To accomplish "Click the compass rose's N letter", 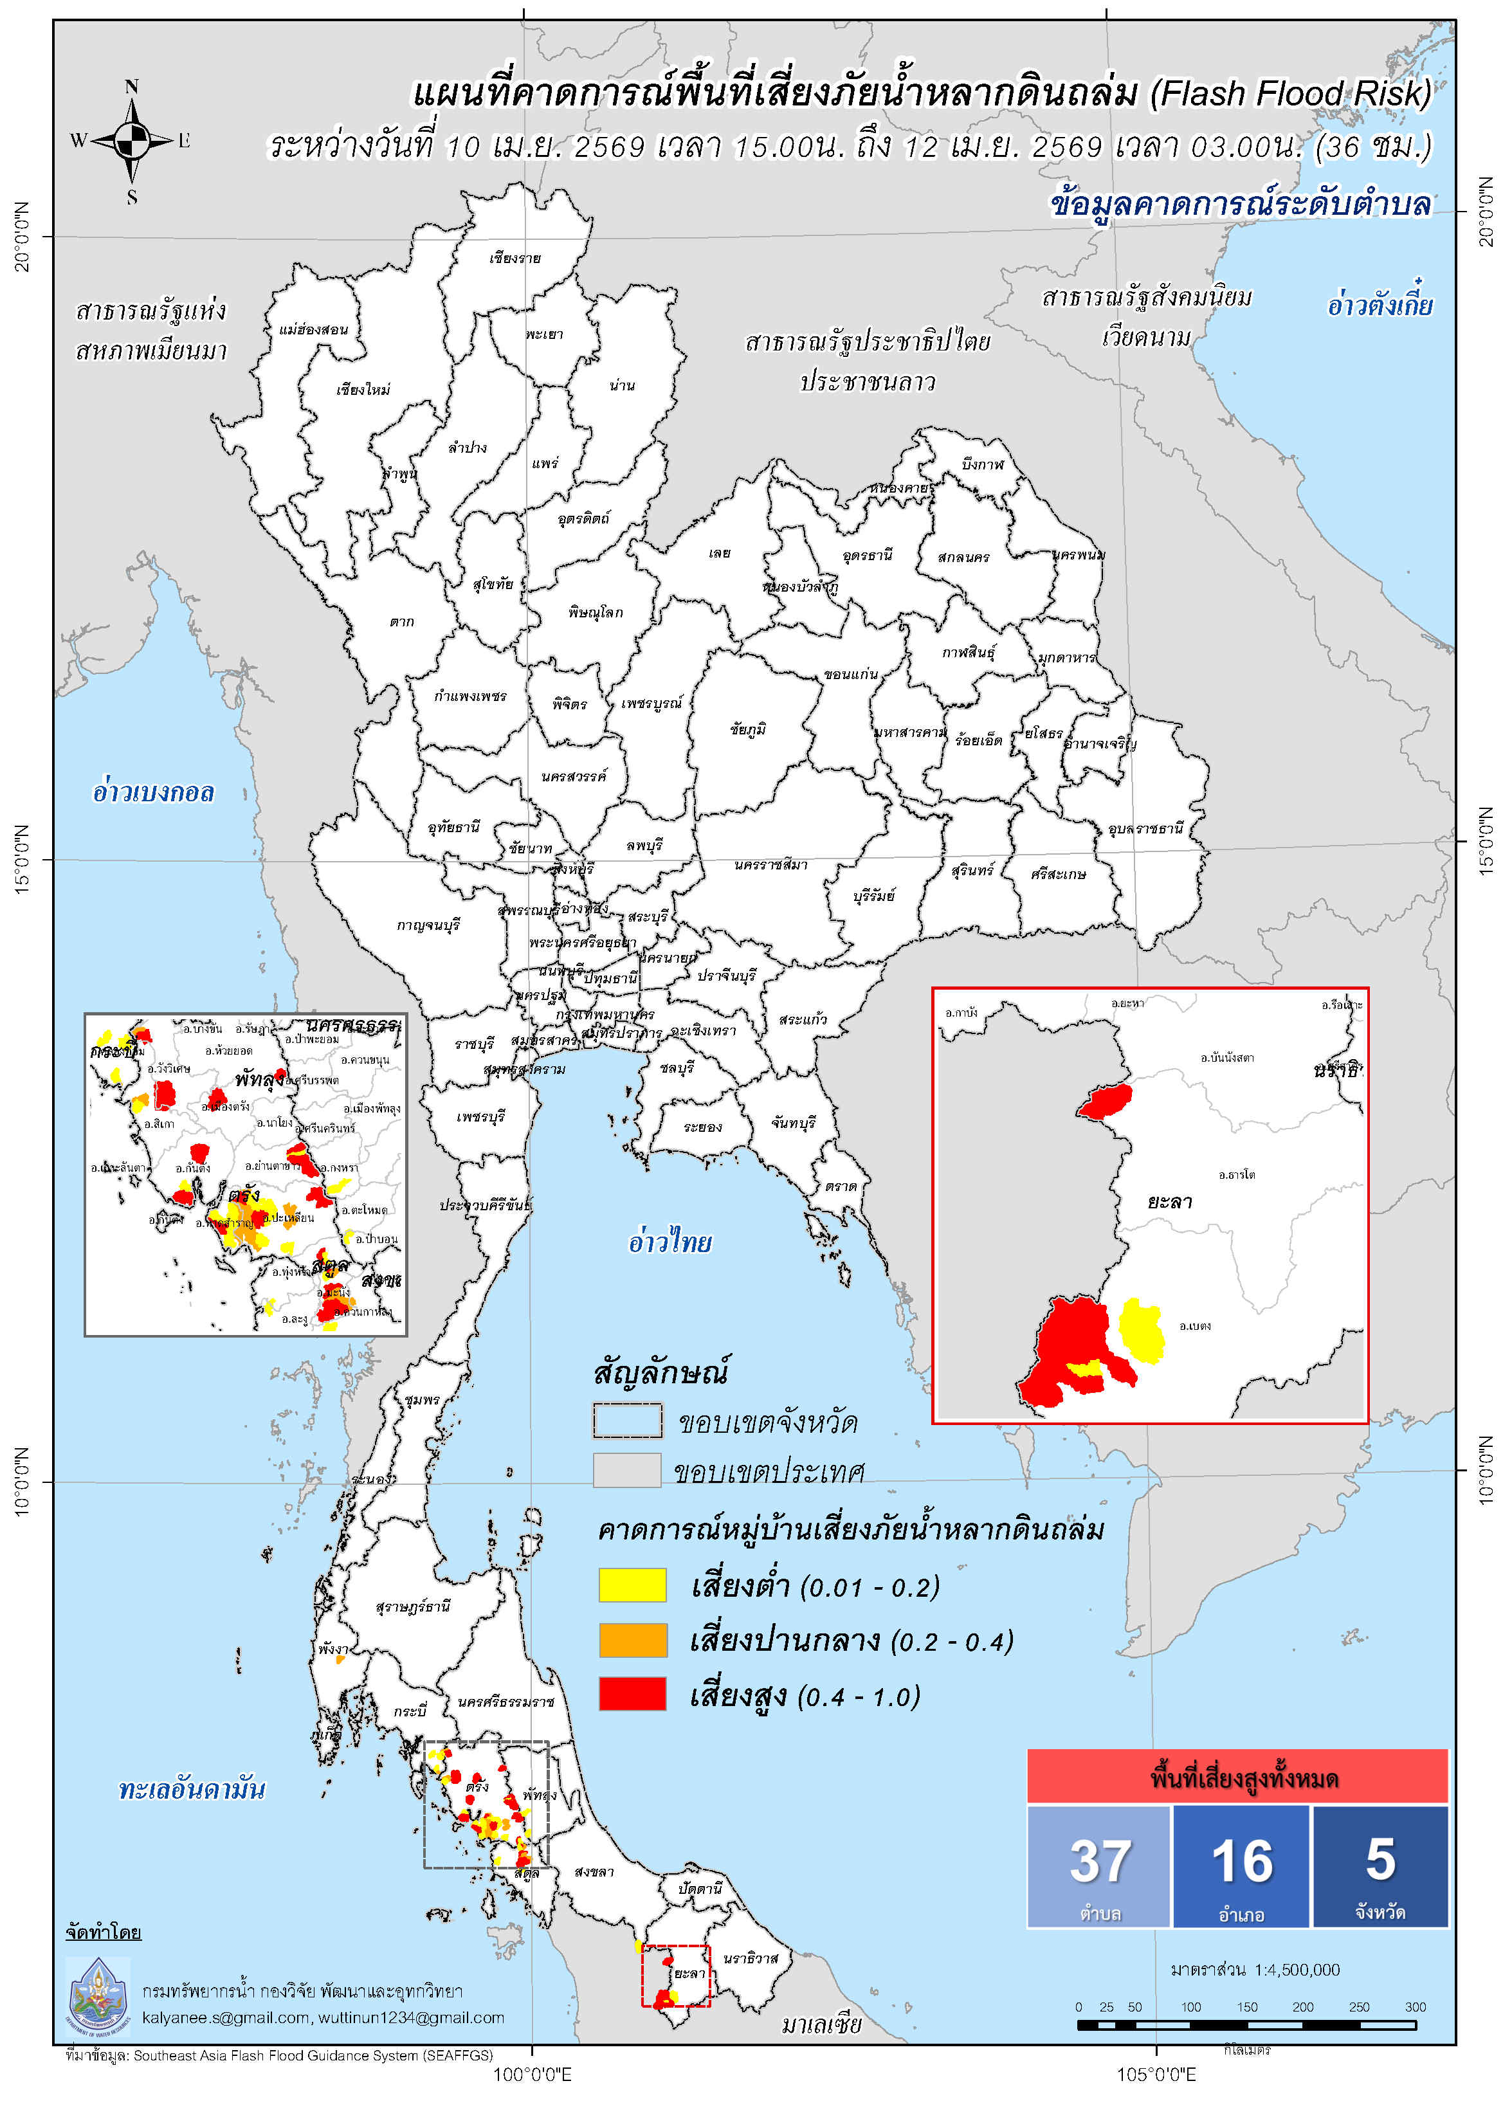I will tap(131, 86).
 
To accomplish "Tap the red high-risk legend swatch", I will tap(632, 1694).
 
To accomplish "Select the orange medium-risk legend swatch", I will tap(632, 1640).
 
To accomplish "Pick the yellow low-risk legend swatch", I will tap(632, 1585).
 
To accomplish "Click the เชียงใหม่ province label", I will tap(363, 390).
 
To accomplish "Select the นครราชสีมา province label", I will tap(770, 865).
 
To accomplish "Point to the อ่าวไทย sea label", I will tap(670, 1242).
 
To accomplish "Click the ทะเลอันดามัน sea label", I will tap(192, 1789).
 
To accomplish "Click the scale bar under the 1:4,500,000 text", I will tap(1246, 2025).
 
